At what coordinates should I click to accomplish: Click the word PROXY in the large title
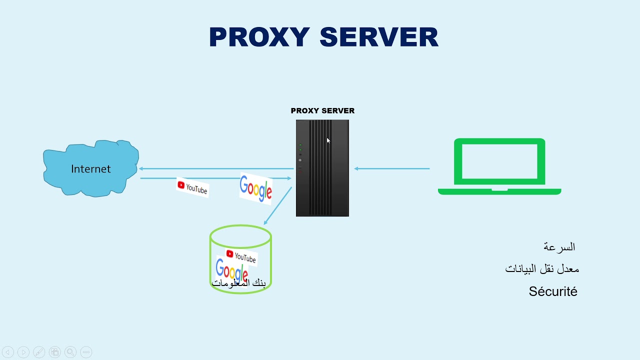tap(259, 37)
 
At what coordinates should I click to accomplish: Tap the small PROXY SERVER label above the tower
tap(322, 110)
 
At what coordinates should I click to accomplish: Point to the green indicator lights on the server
tap(300, 148)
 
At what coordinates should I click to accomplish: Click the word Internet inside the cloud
tap(90, 169)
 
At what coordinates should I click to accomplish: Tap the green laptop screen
tap(499, 161)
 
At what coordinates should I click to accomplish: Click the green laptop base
tap(499, 191)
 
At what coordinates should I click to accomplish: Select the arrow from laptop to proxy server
tap(392, 168)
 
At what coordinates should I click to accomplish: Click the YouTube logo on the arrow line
tap(192, 188)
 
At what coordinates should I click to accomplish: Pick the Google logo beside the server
tap(256, 188)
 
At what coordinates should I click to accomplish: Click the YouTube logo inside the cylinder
tap(241, 256)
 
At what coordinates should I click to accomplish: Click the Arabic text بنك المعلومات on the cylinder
tap(239, 283)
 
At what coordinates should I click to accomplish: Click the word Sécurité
tap(553, 291)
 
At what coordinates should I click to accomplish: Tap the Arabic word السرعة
tap(559, 247)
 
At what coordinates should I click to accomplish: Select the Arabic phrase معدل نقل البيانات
tap(542, 269)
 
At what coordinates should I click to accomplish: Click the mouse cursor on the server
tap(328, 140)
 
